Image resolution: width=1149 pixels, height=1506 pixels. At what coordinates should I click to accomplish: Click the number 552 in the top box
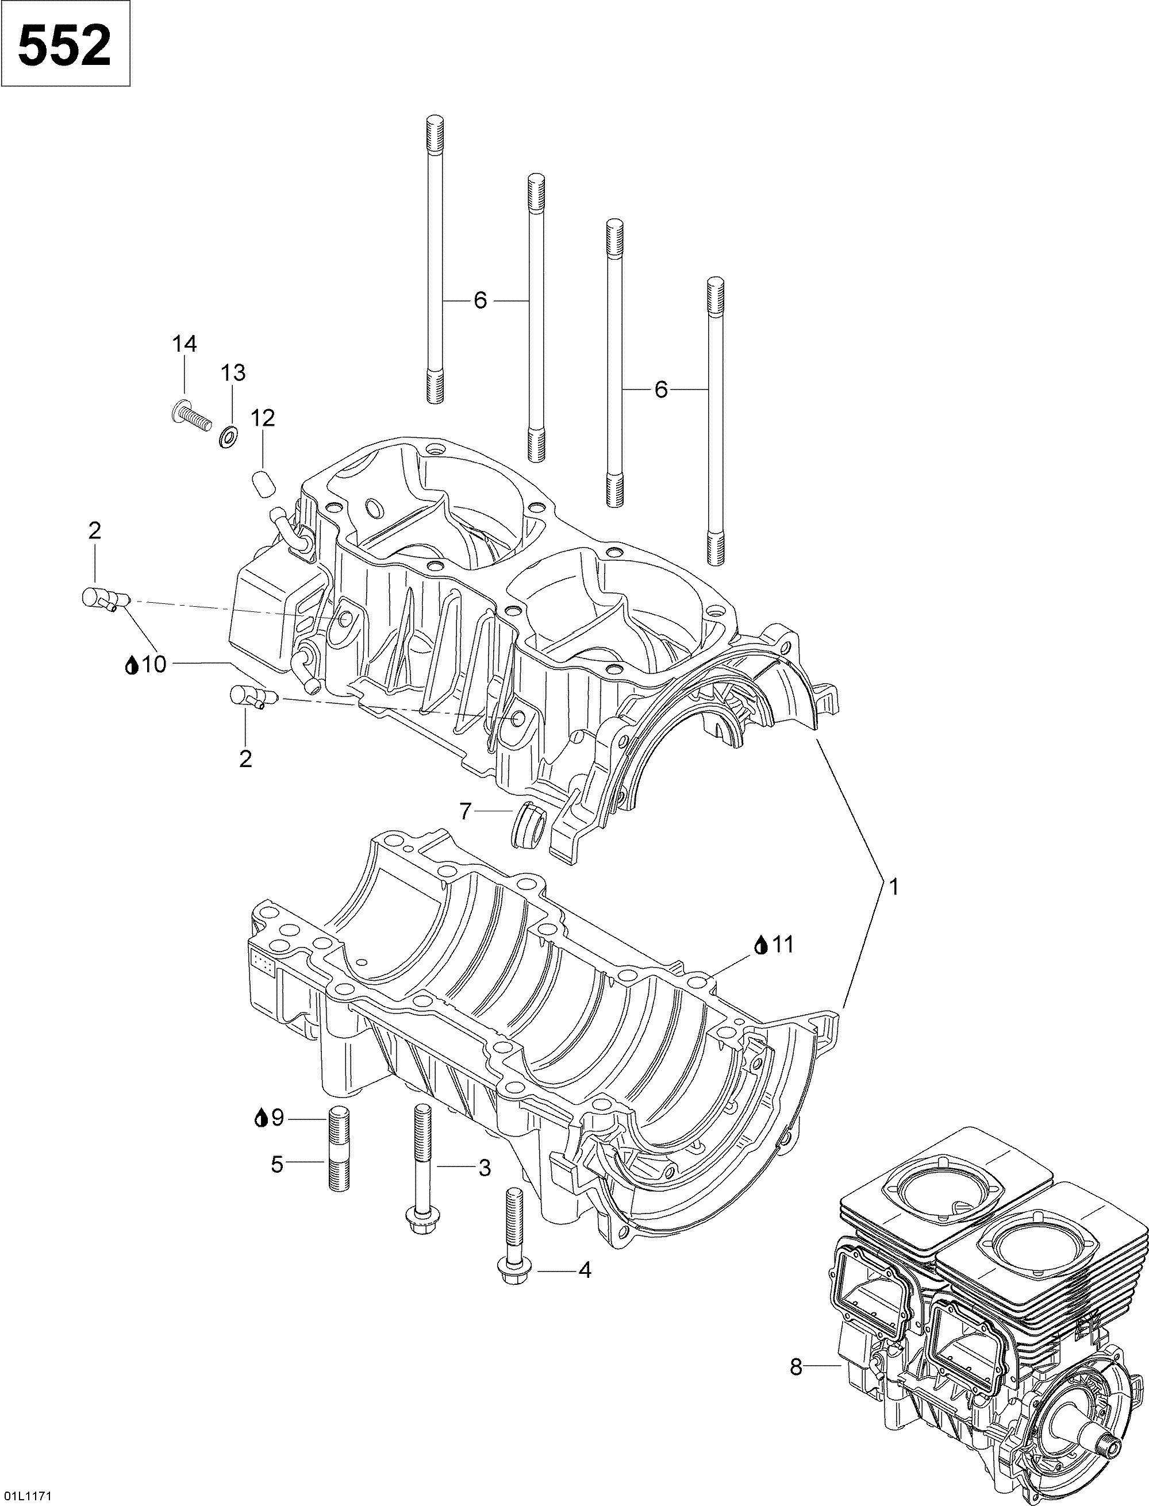pyautogui.click(x=64, y=45)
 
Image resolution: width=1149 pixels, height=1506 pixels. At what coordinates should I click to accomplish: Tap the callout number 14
pyautogui.click(x=184, y=344)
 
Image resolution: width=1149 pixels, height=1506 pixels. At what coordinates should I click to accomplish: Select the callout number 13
pyautogui.click(x=233, y=373)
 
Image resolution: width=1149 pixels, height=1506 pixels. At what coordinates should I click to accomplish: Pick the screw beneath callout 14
pyautogui.click(x=189, y=414)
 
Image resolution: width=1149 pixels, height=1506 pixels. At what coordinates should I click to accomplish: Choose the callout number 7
pyautogui.click(x=466, y=811)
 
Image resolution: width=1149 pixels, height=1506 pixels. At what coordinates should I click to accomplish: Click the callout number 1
pyautogui.click(x=893, y=887)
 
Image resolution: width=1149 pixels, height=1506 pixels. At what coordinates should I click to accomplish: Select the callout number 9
pyautogui.click(x=277, y=1118)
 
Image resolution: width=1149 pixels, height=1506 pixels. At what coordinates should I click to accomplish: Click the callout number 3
pyautogui.click(x=484, y=1168)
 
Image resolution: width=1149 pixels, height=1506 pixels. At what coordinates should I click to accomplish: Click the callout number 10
pyautogui.click(x=155, y=664)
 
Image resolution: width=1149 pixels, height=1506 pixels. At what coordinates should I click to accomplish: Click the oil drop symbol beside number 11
pyautogui.click(x=760, y=945)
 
